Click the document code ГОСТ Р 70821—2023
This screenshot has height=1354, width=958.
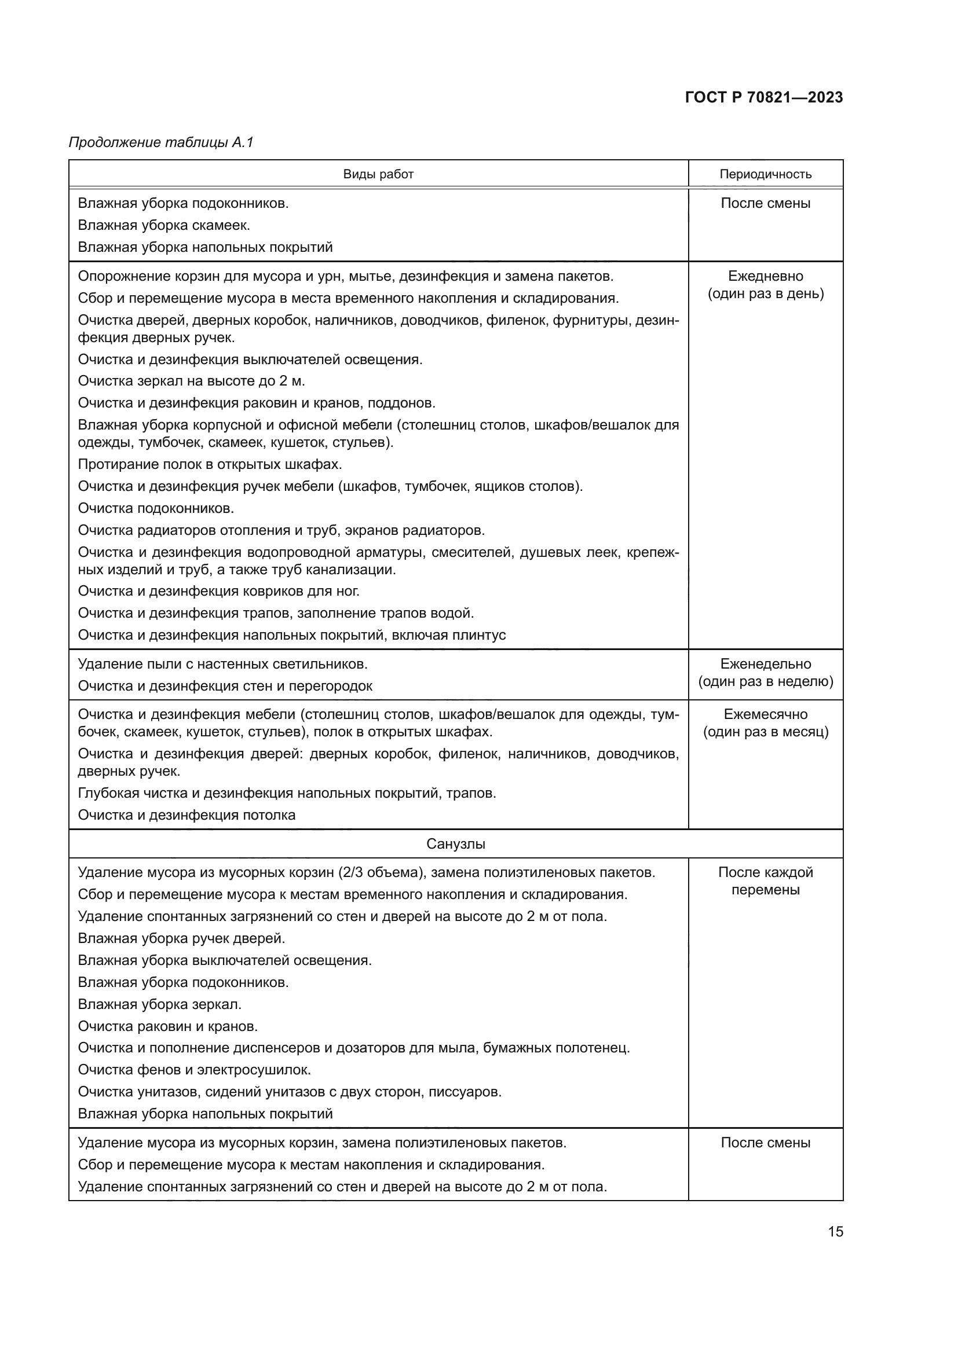tap(764, 97)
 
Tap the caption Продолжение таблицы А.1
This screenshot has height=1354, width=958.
tap(161, 142)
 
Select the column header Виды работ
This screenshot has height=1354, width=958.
tap(378, 174)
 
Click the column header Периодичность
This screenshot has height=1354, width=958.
tap(765, 174)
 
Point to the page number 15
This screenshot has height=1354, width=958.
tap(835, 1231)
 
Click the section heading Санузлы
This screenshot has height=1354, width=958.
tap(455, 844)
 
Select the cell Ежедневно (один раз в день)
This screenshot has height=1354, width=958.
tap(765, 285)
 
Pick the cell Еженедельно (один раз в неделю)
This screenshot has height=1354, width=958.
tap(765, 673)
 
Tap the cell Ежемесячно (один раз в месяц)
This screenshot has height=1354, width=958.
tap(765, 723)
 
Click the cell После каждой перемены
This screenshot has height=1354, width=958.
tap(765, 881)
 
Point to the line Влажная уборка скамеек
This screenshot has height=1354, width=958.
tap(163, 225)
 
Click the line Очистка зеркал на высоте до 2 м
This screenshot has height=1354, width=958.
tap(191, 381)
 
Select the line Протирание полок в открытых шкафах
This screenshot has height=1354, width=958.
tap(210, 464)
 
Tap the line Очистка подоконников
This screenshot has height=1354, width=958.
tap(156, 508)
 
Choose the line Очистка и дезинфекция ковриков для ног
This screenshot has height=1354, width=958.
tap(218, 591)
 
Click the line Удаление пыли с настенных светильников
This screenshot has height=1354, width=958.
tap(222, 664)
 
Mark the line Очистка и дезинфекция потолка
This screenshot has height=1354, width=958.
tap(187, 815)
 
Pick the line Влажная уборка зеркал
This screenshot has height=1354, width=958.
tap(159, 1004)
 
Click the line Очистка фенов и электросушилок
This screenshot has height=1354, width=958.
tap(194, 1070)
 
